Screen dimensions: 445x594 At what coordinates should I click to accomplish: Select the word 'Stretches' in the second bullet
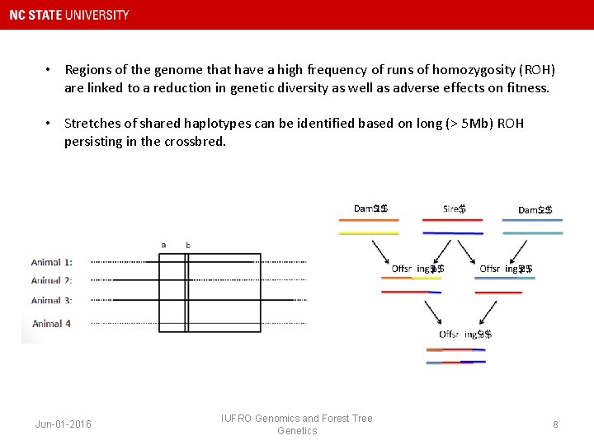coord(92,124)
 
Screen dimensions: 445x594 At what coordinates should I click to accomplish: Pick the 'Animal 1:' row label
coord(51,262)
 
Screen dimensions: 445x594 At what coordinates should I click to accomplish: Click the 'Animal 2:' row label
coord(51,281)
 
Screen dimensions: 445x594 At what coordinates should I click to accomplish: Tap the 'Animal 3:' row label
coord(51,301)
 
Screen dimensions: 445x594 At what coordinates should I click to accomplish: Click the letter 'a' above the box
coord(163,245)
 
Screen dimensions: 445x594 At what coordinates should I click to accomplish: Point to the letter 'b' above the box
coord(187,245)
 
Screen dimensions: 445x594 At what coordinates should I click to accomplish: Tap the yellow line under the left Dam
coord(368,233)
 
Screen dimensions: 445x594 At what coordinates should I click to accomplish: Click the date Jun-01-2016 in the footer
coord(64,424)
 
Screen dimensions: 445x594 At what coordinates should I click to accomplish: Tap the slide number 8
coord(555,424)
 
